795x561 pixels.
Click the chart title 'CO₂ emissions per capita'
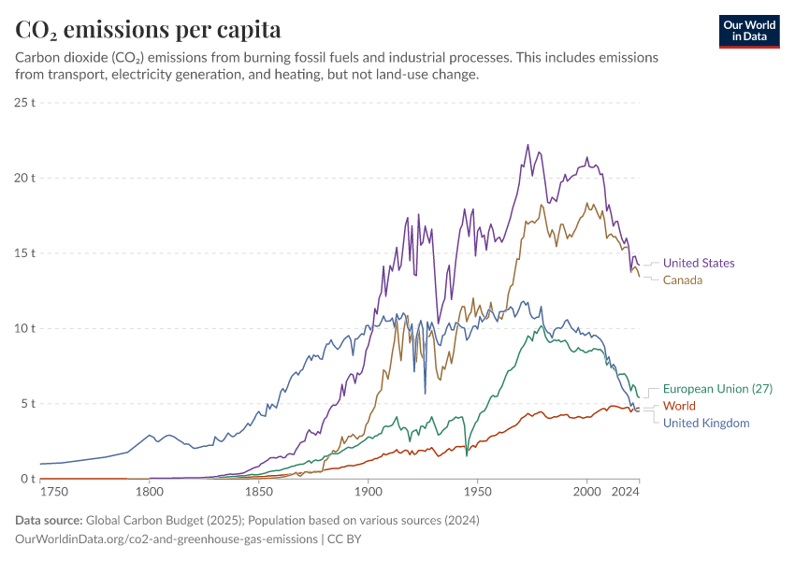coord(148,30)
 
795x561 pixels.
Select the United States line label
coord(699,263)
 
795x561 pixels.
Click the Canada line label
coord(683,280)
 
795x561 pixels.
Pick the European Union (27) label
coord(717,389)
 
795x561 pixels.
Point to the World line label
coord(679,406)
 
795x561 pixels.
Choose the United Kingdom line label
coord(706,423)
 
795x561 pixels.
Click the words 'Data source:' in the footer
coord(49,520)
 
